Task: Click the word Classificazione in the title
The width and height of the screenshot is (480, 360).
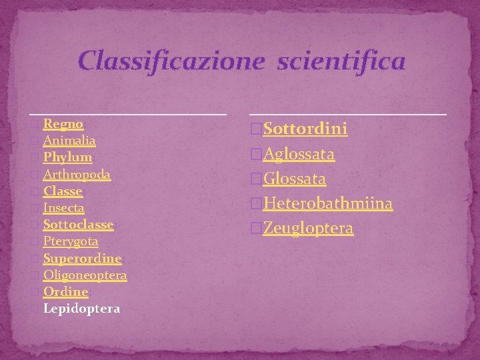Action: pyautogui.click(x=170, y=61)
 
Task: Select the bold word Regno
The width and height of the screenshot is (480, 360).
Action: pyautogui.click(x=63, y=124)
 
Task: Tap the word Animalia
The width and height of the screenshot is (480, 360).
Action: pyautogui.click(x=69, y=141)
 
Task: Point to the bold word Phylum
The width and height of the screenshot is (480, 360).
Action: pyautogui.click(x=67, y=157)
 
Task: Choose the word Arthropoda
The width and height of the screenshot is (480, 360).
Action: pyautogui.click(x=77, y=174)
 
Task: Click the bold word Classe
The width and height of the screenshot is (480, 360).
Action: pyautogui.click(x=63, y=191)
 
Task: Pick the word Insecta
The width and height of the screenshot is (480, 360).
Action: pyautogui.click(x=64, y=208)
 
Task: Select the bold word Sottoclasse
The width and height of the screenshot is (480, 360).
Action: pyautogui.click(x=79, y=225)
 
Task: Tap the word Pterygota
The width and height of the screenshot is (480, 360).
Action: pyautogui.click(x=71, y=241)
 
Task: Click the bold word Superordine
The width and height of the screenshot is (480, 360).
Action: pyautogui.click(x=82, y=258)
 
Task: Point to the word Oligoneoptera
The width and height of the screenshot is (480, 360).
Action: pyautogui.click(x=85, y=275)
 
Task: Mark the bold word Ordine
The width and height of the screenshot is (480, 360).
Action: pyautogui.click(x=65, y=292)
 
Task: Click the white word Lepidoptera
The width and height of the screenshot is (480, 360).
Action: pyautogui.click(x=81, y=309)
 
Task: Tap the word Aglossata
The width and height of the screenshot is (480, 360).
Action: pyautogui.click(x=299, y=154)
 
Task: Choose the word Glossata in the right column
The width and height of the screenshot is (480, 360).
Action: pyautogui.click(x=295, y=179)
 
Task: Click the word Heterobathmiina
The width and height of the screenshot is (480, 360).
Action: pyautogui.click(x=327, y=203)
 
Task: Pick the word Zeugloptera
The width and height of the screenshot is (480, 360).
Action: pyautogui.click(x=308, y=228)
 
